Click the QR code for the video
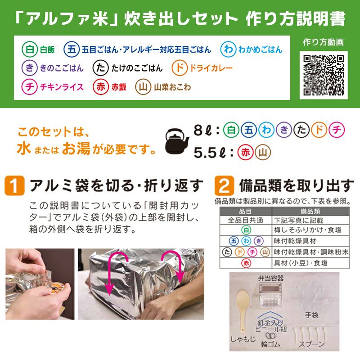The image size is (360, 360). (x=324, y=74)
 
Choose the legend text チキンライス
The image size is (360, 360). (x=62, y=87)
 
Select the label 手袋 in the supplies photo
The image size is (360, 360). (x=311, y=315)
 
